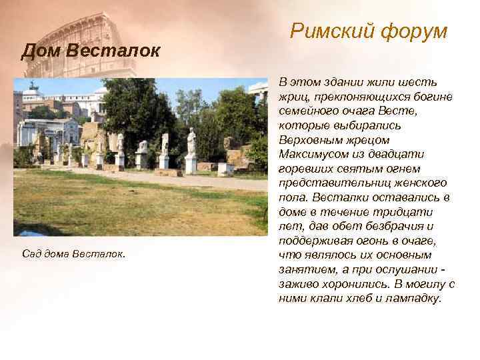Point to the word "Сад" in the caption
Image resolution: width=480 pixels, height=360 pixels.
[31, 254]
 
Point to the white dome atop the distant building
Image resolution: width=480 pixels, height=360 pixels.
[31, 87]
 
